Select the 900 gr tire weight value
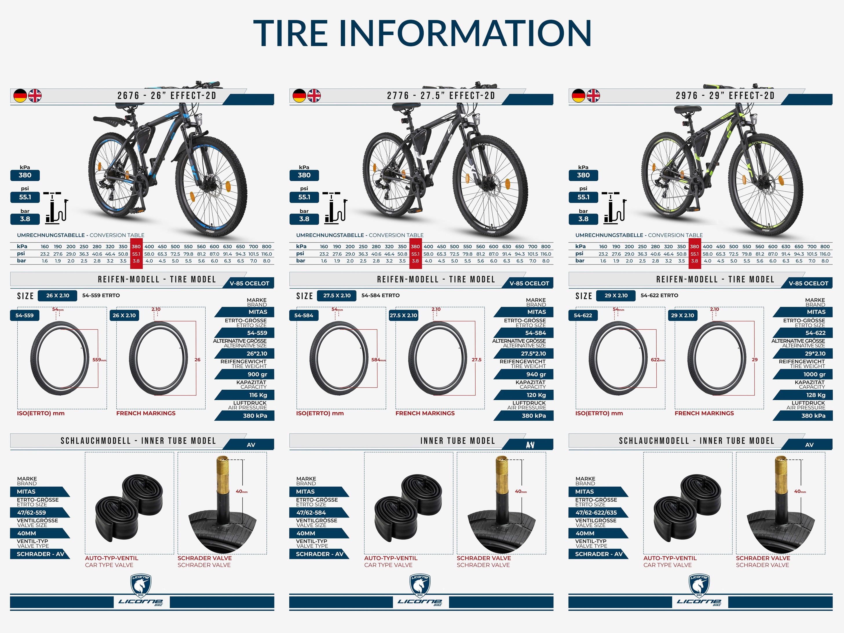(257, 374)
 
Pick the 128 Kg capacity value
(816, 395)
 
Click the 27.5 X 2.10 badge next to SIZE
(337, 295)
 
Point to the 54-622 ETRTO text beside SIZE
(659, 295)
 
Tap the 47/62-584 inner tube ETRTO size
(311, 512)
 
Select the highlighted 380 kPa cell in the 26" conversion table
(136, 247)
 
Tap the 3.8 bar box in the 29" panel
(583, 219)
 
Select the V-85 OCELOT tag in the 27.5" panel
(529, 283)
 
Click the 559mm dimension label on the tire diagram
(100, 360)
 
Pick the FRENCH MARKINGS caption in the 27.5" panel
(425, 413)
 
